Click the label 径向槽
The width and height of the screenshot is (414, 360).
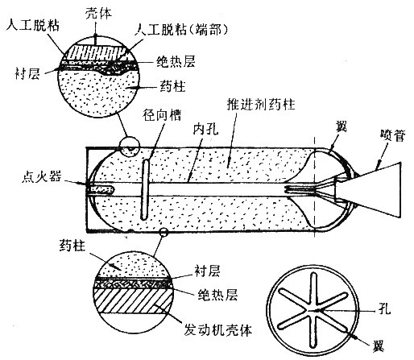[162, 115]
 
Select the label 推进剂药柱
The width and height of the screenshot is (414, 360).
[261, 104]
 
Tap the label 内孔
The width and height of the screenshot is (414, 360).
[206, 129]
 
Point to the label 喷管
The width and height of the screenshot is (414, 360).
[392, 135]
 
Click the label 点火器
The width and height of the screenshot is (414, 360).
[41, 177]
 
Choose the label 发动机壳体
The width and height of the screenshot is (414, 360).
[217, 330]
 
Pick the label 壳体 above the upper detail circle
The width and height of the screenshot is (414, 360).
[98, 14]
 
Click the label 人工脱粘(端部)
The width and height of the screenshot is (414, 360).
[182, 30]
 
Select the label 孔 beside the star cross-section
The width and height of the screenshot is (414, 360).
[385, 308]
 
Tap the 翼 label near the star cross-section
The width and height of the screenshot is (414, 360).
[378, 346]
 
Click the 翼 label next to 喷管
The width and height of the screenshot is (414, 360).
[341, 126]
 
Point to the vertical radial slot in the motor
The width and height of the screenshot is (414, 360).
[145, 189]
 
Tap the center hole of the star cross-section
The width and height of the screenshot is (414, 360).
[313, 311]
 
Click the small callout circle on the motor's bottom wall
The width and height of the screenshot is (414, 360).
[164, 232]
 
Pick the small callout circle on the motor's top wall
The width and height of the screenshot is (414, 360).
[130, 147]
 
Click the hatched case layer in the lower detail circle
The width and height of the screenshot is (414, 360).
[133, 300]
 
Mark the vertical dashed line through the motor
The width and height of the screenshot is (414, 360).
[315, 187]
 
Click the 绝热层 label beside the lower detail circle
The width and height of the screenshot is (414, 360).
[217, 295]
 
